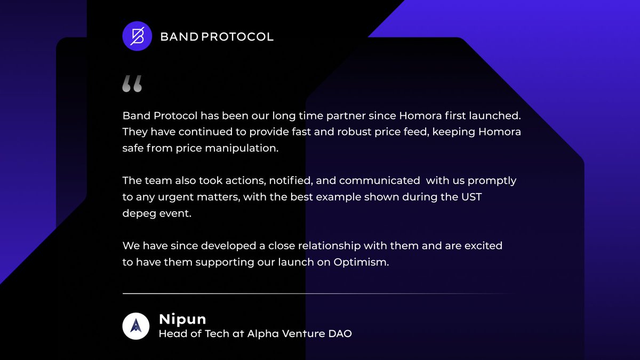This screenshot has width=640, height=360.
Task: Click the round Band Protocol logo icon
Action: tap(137, 36)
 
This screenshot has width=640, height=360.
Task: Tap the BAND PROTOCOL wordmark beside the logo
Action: tap(217, 37)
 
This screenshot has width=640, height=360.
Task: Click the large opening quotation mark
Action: tap(132, 84)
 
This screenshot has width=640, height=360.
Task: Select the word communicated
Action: tap(379, 180)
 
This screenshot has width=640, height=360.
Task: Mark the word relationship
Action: tap(326, 246)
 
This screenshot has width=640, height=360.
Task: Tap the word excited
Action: tap(483, 246)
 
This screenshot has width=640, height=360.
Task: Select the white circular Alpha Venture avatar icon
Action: tap(136, 326)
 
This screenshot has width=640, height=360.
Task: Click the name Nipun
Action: tap(182, 319)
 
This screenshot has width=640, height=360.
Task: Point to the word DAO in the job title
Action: tap(339, 334)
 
